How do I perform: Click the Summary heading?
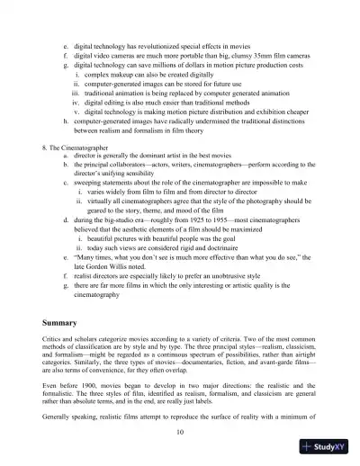[63, 321]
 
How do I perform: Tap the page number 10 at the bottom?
[181, 433]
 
